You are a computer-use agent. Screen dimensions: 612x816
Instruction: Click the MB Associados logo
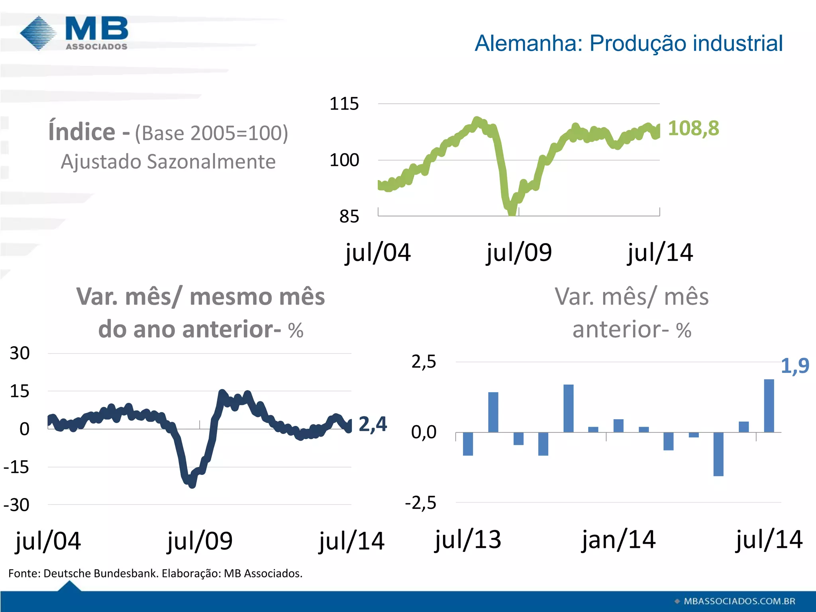click(x=75, y=33)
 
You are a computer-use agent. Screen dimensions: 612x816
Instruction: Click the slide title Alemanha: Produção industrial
click(x=628, y=43)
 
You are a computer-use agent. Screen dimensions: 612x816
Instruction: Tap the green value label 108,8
click(x=693, y=128)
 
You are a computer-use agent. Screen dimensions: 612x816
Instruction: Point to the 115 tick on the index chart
click(x=344, y=104)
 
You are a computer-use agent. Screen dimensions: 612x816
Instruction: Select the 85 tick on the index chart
click(x=349, y=217)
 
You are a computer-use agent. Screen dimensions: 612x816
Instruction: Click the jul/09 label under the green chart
click(x=519, y=253)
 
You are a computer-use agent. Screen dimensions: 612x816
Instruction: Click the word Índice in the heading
click(x=82, y=132)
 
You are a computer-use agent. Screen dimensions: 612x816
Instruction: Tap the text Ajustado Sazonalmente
click(x=168, y=162)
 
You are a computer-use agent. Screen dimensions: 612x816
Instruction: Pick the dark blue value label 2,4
click(x=373, y=424)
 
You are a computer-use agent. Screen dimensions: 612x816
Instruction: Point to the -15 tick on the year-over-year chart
click(x=16, y=467)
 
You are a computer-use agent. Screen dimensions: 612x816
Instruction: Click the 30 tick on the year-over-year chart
click(x=20, y=353)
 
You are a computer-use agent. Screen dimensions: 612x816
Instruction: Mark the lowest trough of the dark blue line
click(x=192, y=484)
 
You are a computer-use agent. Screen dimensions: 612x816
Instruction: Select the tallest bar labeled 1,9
click(x=769, y=406)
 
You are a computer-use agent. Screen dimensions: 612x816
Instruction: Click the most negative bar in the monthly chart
click(x=718, y=454)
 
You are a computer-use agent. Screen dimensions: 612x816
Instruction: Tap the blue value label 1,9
click(x=794, y=366)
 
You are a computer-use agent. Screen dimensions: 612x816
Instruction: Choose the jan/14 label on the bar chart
click(x=618, y=540)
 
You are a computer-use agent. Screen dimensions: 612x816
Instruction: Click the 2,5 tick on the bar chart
click(x=424, y=362)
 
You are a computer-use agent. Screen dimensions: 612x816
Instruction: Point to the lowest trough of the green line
click(x=512, y=211)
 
